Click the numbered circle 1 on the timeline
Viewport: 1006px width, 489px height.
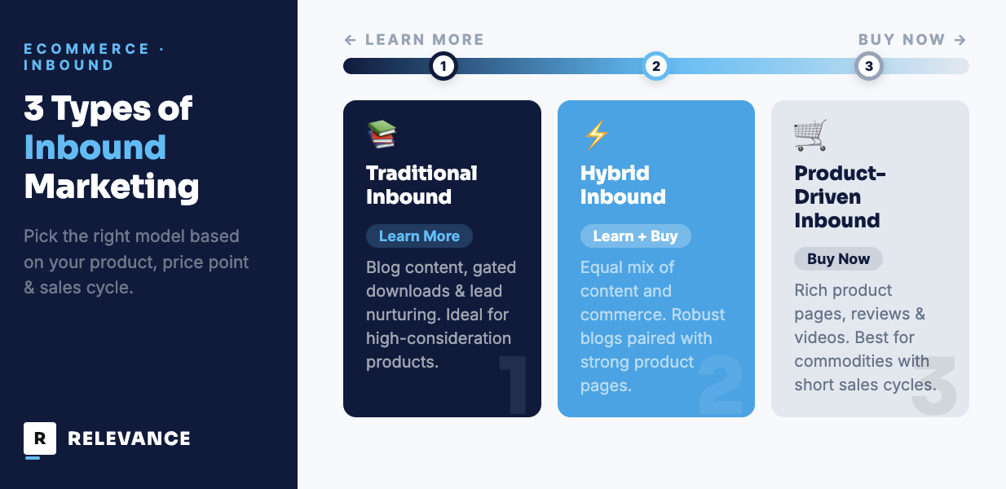click(x=443, y=66)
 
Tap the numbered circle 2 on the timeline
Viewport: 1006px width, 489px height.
click(x=656, y=66)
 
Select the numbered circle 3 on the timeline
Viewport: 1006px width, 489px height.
click(x=869, y=66)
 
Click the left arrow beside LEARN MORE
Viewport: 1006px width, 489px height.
click(x=351, y=40)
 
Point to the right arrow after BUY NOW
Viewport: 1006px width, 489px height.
click(x=960, y=40)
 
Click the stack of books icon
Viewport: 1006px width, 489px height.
click(x=382, y=134)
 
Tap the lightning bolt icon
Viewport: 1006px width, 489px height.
click(x=597, y=134)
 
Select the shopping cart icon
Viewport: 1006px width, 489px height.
click(x=810, y=134)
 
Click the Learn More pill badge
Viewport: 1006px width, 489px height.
click(x=420, y=236)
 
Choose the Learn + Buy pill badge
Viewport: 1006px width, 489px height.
click(x=636, y=236)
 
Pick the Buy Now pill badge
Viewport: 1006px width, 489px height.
click(x=839, y=259)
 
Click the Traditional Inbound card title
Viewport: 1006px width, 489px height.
click(x=421, y=185)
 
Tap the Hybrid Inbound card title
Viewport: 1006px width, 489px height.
click(x=623, y=185)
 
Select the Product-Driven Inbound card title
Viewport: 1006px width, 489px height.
click(x=840, y=196)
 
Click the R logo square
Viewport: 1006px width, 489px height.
click(x=40, y=438)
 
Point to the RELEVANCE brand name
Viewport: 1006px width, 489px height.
click(x=130, y=438)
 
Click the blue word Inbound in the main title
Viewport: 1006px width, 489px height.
click(x=95, y=148)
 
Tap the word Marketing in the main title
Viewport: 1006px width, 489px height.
click(x=112, y=187)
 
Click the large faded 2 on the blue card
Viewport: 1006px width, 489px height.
click(x=721, y=385)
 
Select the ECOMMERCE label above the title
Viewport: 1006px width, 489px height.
click(x=86, y=49)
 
